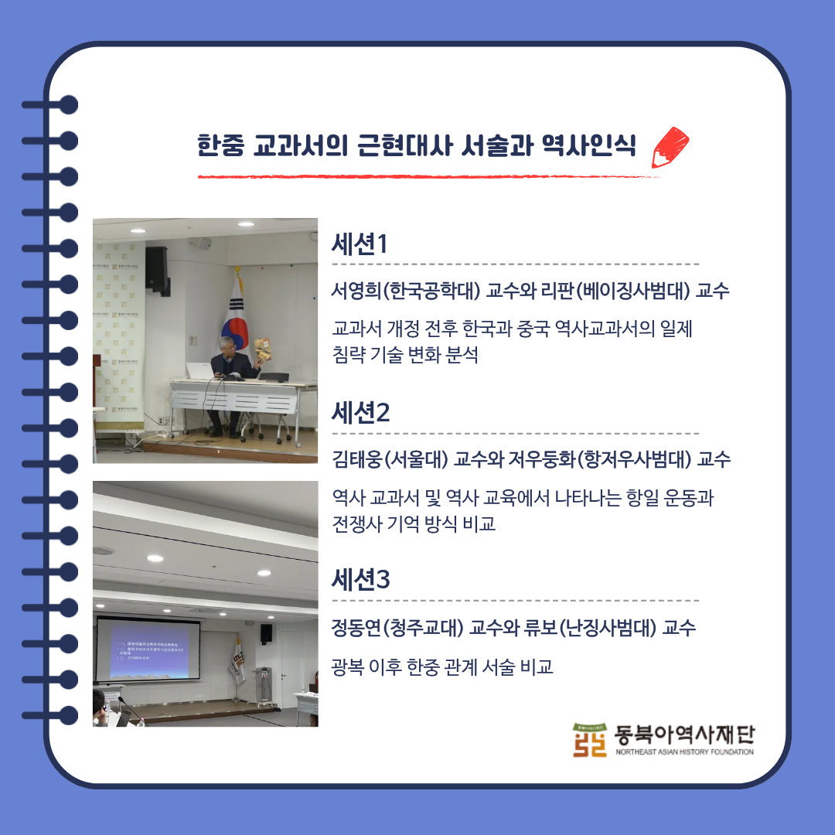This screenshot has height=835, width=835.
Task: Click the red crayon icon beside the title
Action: (x=670, y=147)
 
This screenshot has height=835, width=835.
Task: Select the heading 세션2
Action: (x=360, y=414)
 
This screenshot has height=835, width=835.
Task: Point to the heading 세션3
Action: (x=360, y=580)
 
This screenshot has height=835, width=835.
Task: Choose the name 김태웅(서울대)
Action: (x=390, y=460)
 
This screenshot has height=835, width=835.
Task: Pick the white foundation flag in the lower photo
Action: (x=237, y=659)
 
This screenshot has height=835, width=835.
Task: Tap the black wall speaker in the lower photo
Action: (x=266, y=634)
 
